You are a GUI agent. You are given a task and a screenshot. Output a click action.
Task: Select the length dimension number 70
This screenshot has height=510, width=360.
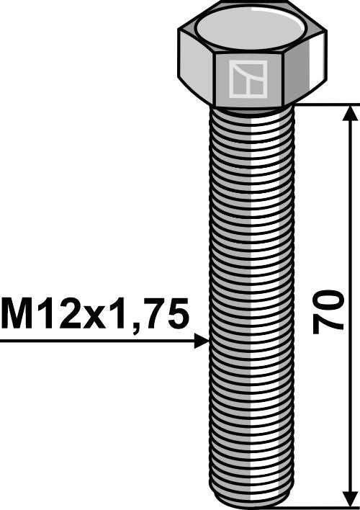point(328,310)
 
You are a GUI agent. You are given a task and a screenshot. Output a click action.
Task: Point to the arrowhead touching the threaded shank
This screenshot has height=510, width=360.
point(201,341)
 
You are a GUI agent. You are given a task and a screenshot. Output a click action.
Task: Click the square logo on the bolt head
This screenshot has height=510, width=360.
point(247,79)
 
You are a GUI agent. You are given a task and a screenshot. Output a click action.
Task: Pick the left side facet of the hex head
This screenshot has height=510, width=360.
point(194,68)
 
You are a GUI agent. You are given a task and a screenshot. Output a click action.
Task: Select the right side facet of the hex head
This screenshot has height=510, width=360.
point(305,68)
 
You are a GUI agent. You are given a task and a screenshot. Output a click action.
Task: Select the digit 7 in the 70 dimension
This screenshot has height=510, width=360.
point(328,324)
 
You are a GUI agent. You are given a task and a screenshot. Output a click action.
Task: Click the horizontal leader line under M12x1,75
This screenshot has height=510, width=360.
point(94,341)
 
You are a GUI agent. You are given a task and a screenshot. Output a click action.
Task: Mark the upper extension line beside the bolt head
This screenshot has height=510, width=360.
point(324,104)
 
